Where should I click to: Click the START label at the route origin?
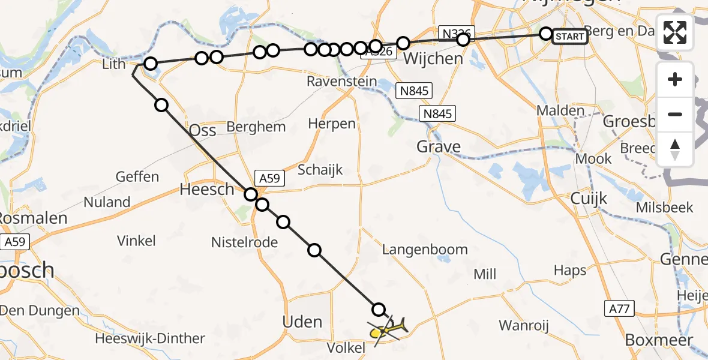569,37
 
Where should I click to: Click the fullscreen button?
675,32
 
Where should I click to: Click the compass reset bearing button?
675,149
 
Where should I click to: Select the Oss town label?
202,130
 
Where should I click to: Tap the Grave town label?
439,146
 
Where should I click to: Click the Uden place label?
302,322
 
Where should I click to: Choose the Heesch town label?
208,190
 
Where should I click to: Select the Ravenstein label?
342,82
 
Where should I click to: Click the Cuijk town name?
589,198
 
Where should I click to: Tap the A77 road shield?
620,308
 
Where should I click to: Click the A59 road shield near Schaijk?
269,178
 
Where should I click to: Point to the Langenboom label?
425,250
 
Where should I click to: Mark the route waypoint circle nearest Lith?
150,64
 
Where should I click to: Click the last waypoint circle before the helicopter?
379,310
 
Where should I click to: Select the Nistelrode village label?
244,242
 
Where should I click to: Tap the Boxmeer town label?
659,340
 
